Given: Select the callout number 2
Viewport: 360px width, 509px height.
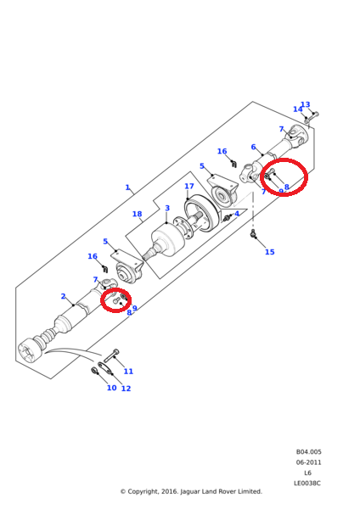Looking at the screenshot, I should [63, 296].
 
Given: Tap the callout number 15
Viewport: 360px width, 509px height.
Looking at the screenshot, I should [270, 252].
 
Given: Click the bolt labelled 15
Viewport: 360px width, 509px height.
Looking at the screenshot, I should [253, 236].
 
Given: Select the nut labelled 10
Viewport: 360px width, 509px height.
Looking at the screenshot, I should [93, 370].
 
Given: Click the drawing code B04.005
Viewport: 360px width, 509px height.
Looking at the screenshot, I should [308, 452].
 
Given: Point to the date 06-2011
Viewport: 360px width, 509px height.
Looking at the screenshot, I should [308, 462].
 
